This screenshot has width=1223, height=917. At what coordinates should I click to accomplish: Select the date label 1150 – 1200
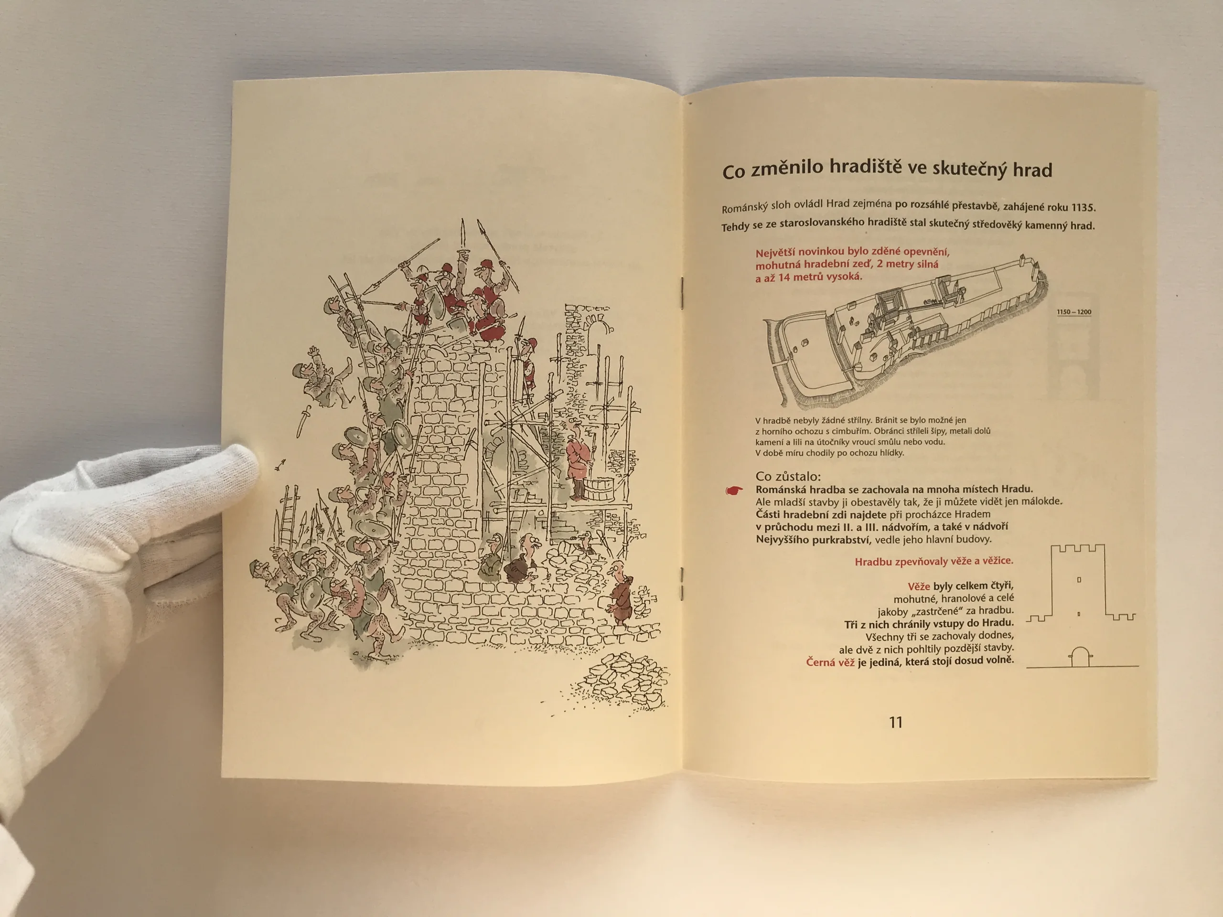pyautogui.click(x=1074, y=312)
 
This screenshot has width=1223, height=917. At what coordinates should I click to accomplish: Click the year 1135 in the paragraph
pyautogui.click(x=1083, y=208)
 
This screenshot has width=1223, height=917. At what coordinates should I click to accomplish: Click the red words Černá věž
pyautogui.click(x=830, y=661)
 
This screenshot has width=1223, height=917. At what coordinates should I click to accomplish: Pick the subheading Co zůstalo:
pyautogui.click(x=788, y=476)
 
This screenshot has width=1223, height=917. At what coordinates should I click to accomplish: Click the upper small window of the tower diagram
pyautogui.click(x=1079, y=580)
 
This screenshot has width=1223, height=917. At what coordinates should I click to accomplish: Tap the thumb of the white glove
pyautogui.click(x=221, y=464)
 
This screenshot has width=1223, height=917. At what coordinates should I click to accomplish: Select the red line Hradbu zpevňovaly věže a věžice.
pyautogui.click(x=934, y=562)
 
